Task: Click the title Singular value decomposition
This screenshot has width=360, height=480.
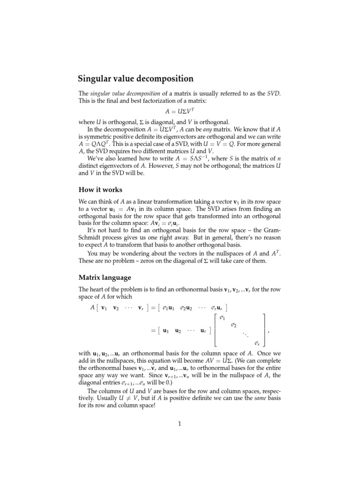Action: (135, 79)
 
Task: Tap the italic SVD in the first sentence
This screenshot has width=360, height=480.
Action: (273, 94)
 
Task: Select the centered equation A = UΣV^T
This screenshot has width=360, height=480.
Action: (180, 112)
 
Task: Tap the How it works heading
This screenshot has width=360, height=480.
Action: (100, 190)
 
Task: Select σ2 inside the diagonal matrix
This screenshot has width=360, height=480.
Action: (234, 326)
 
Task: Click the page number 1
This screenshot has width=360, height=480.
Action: (179, 425)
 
